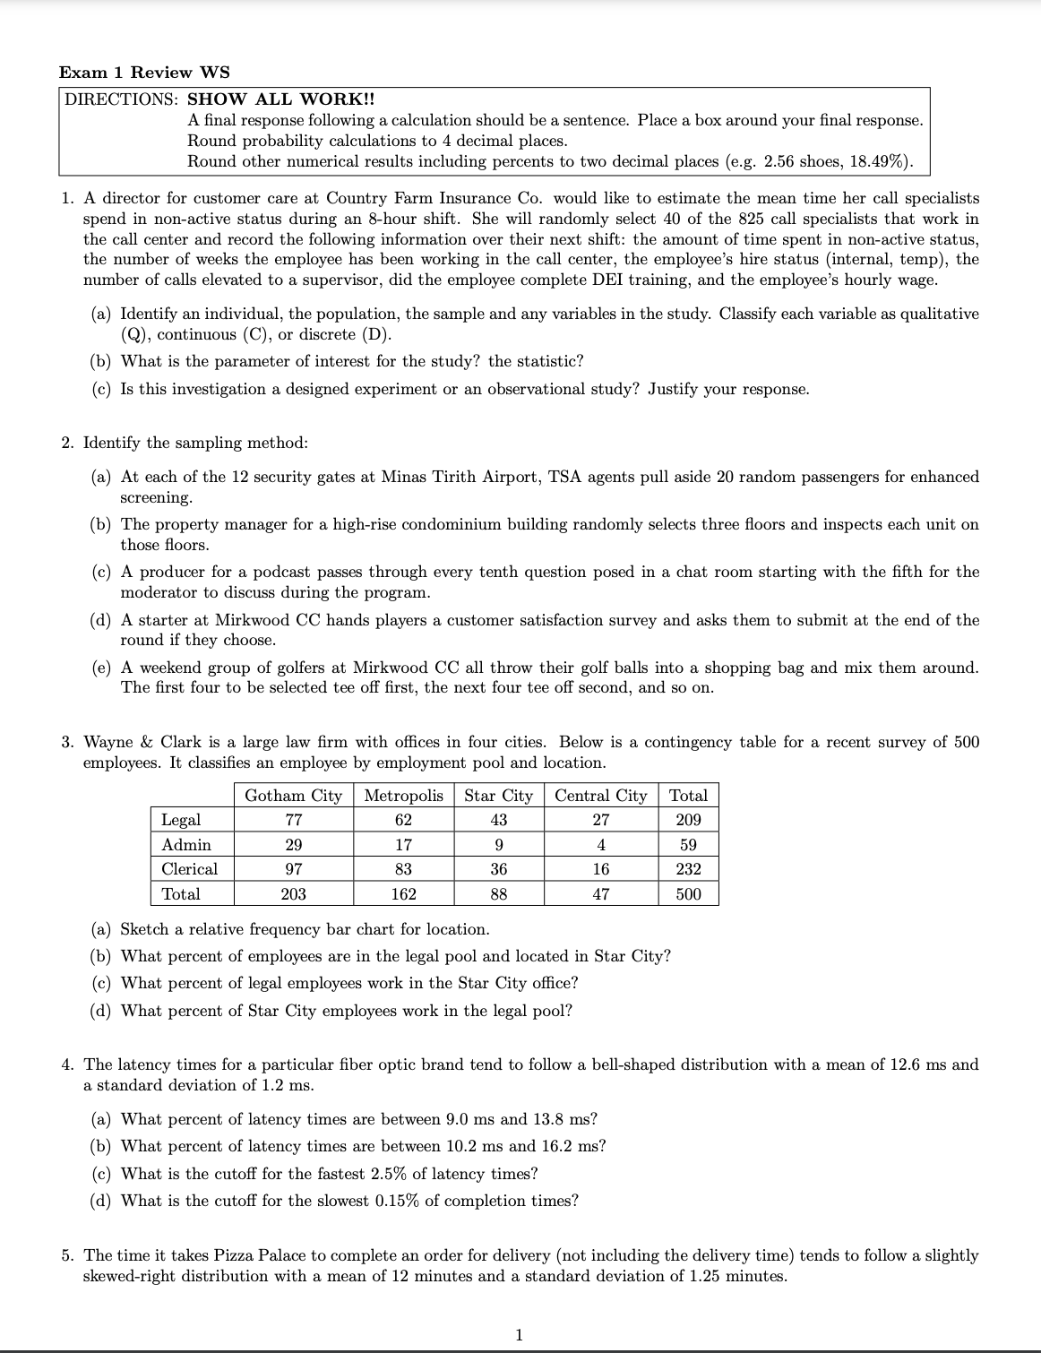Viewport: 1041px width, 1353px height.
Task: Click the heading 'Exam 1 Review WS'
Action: point(143,73)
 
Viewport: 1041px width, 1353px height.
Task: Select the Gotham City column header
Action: point(293,796)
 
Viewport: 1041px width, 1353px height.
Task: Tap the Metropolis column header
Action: point(403,796)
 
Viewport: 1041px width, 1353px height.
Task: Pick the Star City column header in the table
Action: point(498,796)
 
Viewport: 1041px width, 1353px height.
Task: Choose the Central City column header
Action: point(600,796)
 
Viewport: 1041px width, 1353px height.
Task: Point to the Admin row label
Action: point(186,845)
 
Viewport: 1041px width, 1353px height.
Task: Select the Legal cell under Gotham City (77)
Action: point(293,820)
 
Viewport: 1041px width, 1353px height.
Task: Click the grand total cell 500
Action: point(688,894)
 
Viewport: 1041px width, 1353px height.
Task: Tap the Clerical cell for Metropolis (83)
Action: point(403,869)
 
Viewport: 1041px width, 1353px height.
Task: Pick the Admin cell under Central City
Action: point(600,845)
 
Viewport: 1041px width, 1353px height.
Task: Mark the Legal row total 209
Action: point(688,820)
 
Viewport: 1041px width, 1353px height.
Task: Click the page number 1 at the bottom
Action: point(520,1335)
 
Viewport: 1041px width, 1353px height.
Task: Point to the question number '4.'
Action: point(68,1064)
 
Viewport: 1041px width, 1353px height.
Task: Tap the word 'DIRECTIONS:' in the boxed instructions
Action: point(121,99)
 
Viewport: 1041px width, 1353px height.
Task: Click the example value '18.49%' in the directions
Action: point(878,161)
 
